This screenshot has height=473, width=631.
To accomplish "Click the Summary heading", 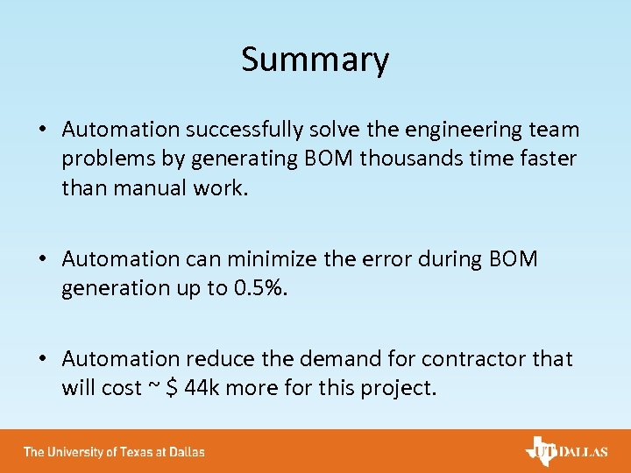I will pyautogui.click(x=315, y=60).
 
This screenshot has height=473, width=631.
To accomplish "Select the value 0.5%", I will pyautogui.click(x=264, y=288).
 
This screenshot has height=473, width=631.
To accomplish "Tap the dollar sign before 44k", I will pyautogui.click(x=173, y=387).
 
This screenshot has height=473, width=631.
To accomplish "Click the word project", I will pyautogui.click(x=395, y=387).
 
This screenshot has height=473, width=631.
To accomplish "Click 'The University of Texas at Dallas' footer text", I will pyautogui.click(x=114, y=452).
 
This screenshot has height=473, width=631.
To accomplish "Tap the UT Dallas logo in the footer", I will pyautogui.click(x=565, y=451).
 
